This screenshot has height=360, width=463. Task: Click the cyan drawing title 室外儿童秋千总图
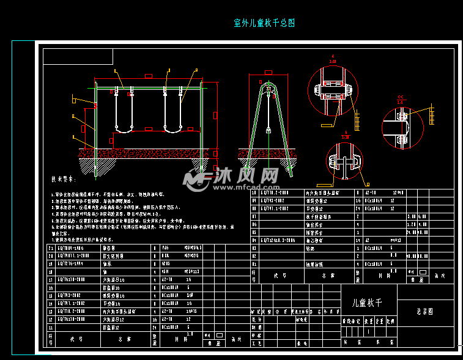pos(264,23)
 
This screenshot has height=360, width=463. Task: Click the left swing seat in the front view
pos(124,125)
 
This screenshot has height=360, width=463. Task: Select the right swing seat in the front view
pos(172,125)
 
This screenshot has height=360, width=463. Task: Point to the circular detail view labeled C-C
pos(402,128)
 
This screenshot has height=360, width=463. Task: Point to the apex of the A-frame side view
pos(268,79)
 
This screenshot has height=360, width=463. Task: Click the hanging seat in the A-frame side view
pos(267,130)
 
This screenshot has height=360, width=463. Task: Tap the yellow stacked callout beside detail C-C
pos(432,114)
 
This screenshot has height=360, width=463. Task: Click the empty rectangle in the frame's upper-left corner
pos(78,57)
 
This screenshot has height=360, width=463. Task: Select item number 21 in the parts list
pos(50,248)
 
